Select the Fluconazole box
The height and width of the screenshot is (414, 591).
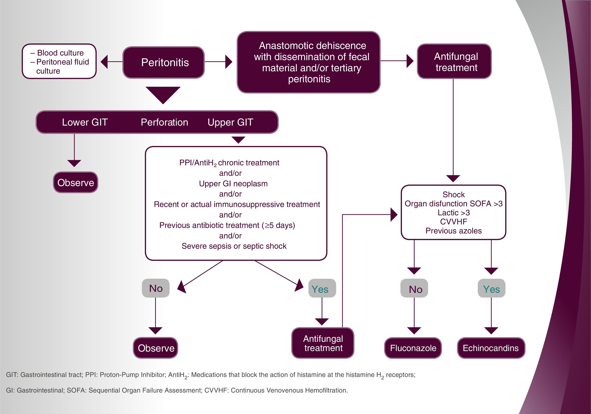click(413, 348)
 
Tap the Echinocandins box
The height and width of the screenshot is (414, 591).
click(491, 348)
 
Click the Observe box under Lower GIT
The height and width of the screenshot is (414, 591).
click(76, 182)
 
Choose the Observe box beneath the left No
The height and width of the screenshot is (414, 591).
click(156, 348)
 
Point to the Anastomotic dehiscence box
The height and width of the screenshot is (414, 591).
click(309, 62)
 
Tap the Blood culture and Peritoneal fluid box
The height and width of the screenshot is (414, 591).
click(59, 62)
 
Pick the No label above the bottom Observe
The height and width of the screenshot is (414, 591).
click(156, 288)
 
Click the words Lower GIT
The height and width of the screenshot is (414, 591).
click(85, 122)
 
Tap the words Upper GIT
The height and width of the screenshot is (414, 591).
click(230, 122)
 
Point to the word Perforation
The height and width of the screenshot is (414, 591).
click(164, 122)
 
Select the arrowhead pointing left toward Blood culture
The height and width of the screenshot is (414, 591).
click(104, 62)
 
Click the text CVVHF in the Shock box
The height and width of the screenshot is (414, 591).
click(453, 222)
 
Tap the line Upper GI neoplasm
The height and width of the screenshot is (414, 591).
click(233, 183)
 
